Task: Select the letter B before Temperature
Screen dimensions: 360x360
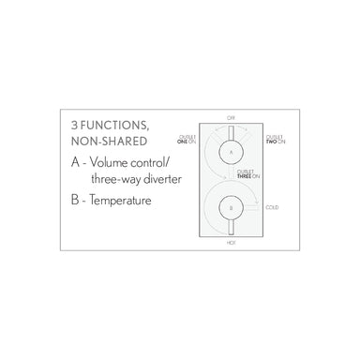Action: coord(74,199)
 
